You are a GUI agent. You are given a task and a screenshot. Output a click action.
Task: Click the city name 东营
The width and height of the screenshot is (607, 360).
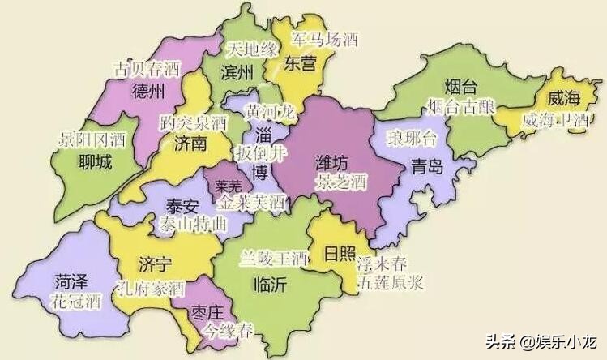tap(301, 62)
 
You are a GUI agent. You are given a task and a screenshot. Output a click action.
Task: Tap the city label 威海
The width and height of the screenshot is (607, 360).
tap(565, 99)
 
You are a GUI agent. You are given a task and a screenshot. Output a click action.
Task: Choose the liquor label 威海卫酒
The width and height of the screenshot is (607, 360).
tap(556, 120)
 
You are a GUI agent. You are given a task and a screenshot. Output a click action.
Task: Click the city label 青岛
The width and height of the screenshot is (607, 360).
tap(427, 167)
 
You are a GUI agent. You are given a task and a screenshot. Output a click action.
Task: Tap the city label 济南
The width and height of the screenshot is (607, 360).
tap(192, 144)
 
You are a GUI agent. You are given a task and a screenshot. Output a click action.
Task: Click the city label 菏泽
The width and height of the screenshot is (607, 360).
tap(75, 282)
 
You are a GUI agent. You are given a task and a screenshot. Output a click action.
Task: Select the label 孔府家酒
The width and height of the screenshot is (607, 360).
tap(151, 288)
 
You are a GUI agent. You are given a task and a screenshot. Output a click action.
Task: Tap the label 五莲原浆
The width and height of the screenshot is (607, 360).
tap(390, 283)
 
